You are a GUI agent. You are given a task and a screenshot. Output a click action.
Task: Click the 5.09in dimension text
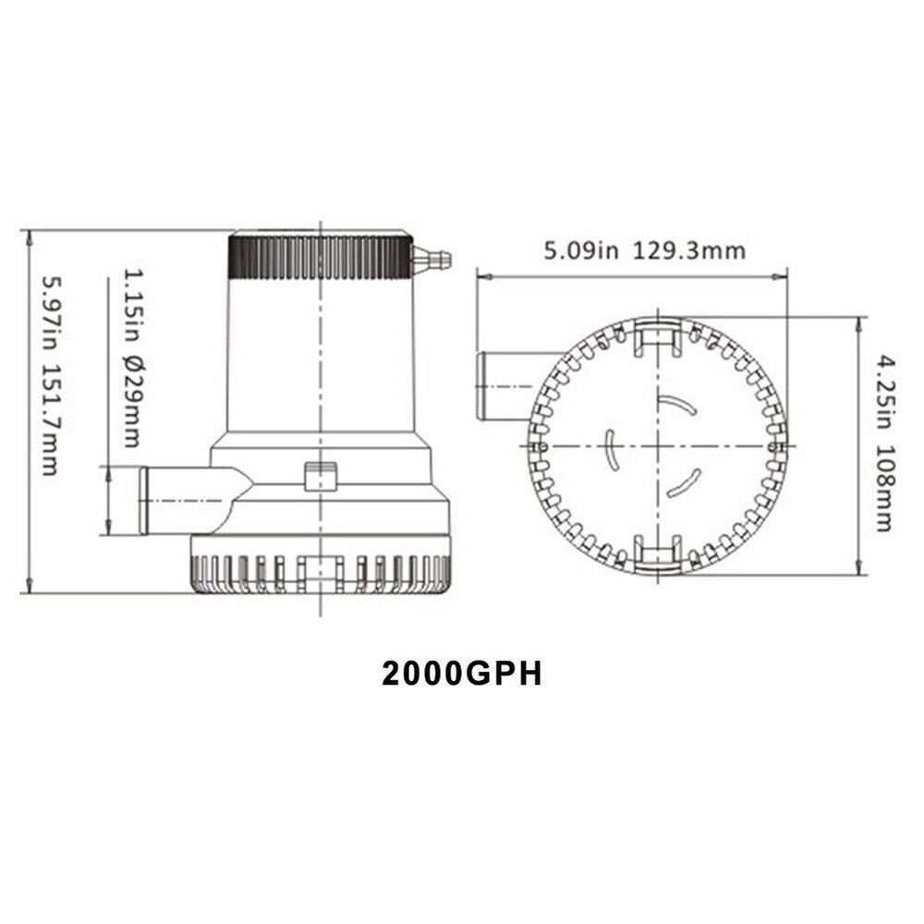coord(579,250)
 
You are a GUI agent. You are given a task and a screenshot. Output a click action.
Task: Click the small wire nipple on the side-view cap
coord(432,259)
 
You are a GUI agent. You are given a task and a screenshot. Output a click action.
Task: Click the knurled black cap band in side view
coord(320,257)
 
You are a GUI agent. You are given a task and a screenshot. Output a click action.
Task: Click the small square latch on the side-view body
coord(321,477)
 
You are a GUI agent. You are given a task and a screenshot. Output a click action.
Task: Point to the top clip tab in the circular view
coord(658,337)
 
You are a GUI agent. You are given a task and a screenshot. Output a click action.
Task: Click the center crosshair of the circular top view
coord(658,444)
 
